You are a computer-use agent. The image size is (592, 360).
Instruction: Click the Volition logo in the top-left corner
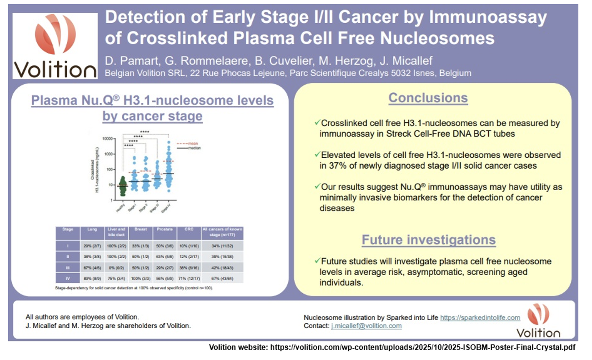[55, 45]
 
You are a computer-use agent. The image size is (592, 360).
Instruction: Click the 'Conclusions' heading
[428, 98]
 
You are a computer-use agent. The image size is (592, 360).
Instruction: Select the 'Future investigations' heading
[428, 240]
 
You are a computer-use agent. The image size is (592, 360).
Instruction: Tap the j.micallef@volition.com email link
[366, 326]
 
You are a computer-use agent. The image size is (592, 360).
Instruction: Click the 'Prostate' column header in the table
[165, 230]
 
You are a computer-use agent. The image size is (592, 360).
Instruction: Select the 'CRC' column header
[189, 230]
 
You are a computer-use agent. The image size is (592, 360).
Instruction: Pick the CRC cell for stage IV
[189, 278]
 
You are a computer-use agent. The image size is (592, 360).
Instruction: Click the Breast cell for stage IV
[140, 278]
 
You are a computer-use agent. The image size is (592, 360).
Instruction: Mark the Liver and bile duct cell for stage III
[116, 267]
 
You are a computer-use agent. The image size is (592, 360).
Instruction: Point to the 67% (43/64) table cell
[222, 278]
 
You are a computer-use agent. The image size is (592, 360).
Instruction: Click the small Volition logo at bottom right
[538, 321]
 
